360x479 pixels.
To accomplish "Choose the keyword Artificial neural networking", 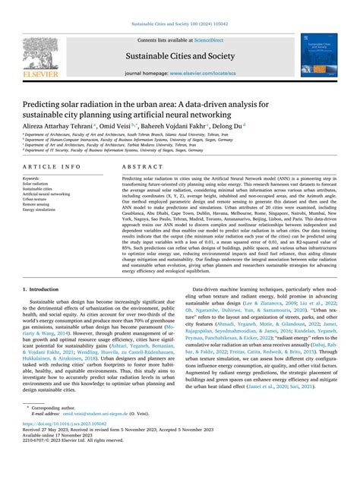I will tap(46, 194).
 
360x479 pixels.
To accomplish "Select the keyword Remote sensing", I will tap(36, 204).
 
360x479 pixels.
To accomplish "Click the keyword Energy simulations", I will tap(40, 210).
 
